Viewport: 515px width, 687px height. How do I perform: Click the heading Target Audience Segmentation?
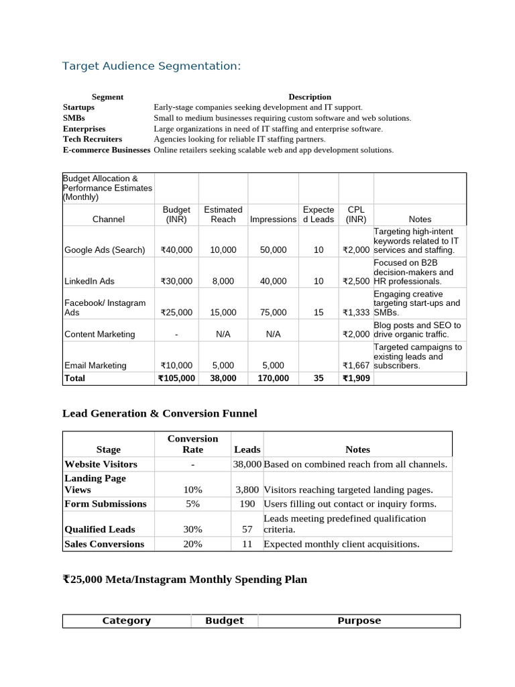151,66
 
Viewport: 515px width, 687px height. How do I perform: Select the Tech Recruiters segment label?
93,139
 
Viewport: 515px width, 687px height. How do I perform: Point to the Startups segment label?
78,107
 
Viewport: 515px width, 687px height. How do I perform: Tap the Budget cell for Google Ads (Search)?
176,250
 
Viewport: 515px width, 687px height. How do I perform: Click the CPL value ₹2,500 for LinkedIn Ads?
356,281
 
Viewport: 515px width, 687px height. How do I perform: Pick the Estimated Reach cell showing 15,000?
223,312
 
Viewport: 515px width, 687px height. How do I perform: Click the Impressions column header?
273,219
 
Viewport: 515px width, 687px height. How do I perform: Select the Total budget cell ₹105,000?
176,378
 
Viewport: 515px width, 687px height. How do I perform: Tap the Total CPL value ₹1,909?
356,378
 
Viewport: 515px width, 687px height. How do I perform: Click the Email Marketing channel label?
95,366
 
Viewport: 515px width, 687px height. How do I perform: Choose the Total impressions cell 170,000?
273,378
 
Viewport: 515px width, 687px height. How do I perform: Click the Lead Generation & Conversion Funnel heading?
160,413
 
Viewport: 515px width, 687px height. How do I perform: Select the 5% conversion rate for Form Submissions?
192,504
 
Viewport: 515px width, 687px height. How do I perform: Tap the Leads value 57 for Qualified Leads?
247,529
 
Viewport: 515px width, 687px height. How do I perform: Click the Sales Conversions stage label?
104,544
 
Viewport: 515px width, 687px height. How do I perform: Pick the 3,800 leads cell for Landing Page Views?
247,490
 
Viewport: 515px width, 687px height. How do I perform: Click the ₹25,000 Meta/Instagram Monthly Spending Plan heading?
184,579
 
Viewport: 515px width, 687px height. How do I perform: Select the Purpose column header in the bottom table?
359,621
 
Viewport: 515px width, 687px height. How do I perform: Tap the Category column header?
126,621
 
